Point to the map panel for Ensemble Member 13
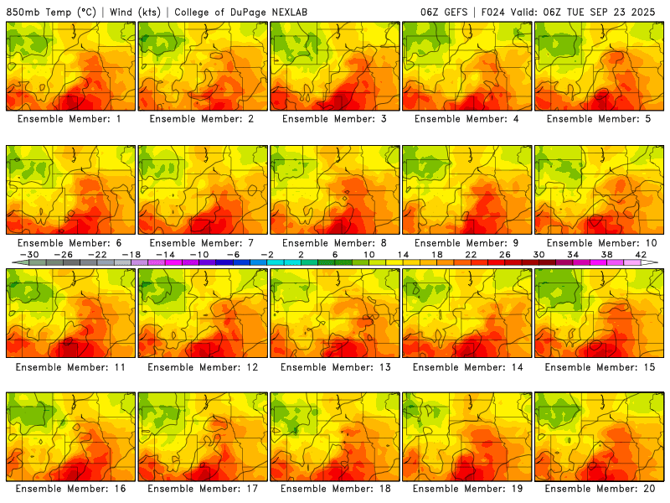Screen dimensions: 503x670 pyautogui.click(x=334, y=312)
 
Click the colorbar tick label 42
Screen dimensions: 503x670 pyautogui.click(x=641, y=254)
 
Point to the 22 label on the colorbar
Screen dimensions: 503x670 pyautogui.click(x=471, y=254)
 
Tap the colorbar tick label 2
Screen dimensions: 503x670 pyautogui.click(x=301, y=254)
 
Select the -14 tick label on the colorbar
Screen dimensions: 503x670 pyautogui.click(x=165, y=254)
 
